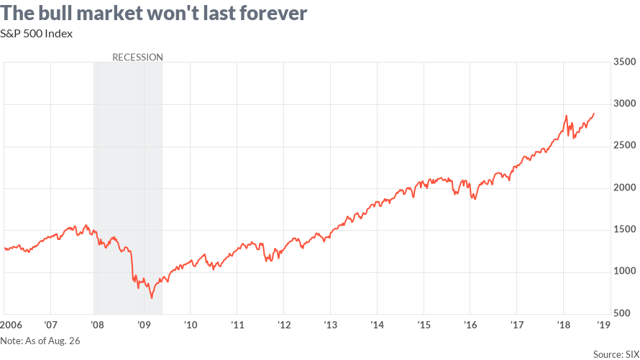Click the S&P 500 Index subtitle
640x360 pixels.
(37, 33)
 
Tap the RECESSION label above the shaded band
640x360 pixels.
(137, 57)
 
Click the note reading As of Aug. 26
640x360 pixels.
(40, 341)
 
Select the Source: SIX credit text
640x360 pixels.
(616, 353)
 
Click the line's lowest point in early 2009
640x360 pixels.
(151, 297)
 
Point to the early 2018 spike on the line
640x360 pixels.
(566, 116)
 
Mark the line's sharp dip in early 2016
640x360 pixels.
(474, 198)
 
